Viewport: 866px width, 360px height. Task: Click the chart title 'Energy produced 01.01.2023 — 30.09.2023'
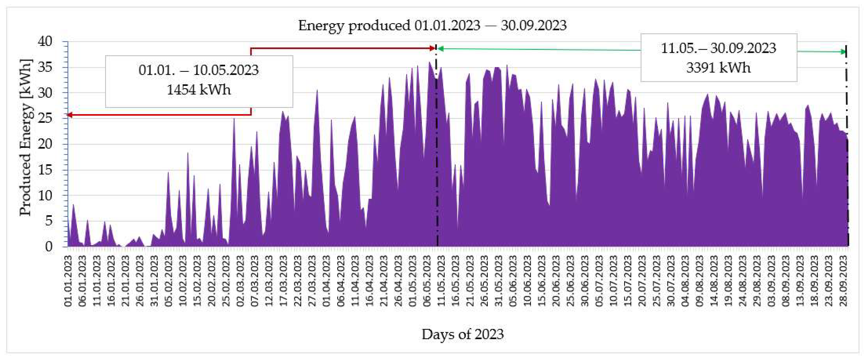432,26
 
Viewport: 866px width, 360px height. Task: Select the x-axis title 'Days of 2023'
463,334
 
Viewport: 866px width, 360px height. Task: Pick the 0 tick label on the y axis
49,246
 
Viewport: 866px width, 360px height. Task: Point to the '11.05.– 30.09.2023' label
718,49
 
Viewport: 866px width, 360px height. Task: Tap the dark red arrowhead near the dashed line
433,49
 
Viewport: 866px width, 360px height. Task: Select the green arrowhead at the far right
844,52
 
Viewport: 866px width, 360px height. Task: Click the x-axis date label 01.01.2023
68,281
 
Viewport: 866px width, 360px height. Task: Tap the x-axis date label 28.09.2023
843,281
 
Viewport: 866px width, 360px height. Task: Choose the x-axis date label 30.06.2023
585,281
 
